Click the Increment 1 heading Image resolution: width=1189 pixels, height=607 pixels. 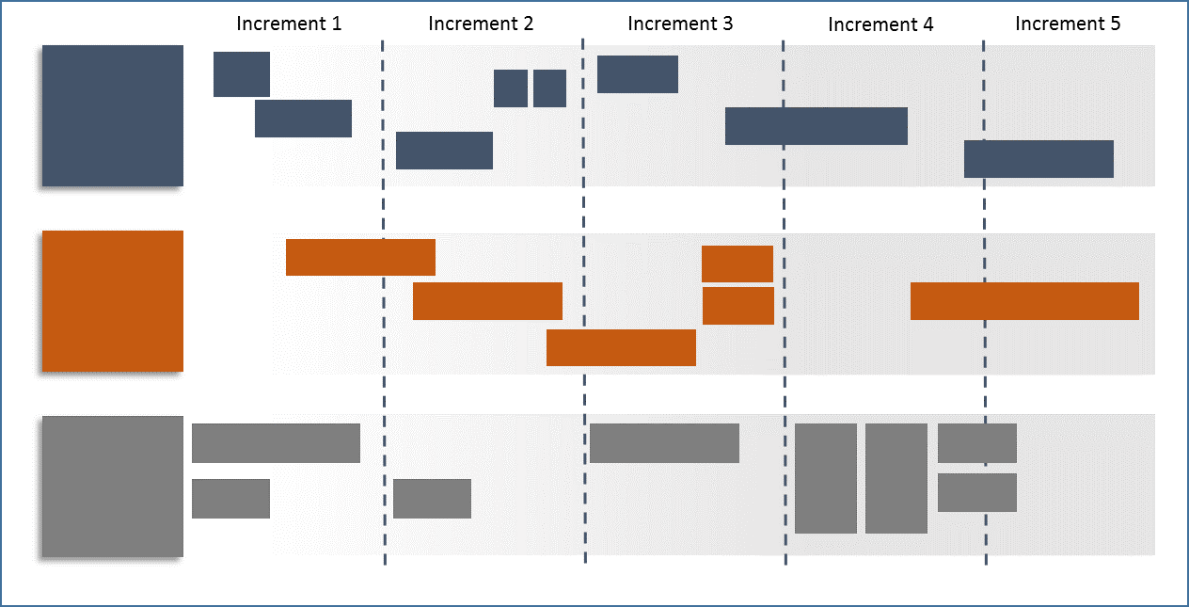click(289, 24)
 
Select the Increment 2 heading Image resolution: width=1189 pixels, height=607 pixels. click(481, 24)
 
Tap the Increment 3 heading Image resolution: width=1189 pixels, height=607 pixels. click(680, 24)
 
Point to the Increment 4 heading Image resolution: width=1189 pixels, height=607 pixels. click(880, 24)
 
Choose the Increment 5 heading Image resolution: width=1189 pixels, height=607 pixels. click(1068, 24)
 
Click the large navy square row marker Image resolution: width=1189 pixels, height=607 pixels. click(113, 116)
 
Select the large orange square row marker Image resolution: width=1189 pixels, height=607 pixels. click(113, 301)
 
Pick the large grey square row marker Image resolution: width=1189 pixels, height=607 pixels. click(113, 487)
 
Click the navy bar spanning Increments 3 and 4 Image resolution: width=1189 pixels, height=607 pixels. click(816, 126)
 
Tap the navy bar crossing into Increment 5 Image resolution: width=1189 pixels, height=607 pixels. click(1038, 159)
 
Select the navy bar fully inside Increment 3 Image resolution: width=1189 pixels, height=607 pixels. click(638, 74)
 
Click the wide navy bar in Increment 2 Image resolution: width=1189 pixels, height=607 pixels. click(444, 151)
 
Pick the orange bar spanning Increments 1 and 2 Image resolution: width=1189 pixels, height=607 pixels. click(360, 257)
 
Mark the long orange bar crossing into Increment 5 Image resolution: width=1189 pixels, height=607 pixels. click(1024, 301)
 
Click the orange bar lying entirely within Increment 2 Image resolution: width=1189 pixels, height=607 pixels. click(487, 301)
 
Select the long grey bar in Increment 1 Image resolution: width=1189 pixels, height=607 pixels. click(276, 443)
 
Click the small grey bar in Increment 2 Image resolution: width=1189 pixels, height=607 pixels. click(432, 499)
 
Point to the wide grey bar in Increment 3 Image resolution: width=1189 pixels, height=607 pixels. click(664, 443)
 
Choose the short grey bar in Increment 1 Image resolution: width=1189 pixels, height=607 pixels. click(230, 499)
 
